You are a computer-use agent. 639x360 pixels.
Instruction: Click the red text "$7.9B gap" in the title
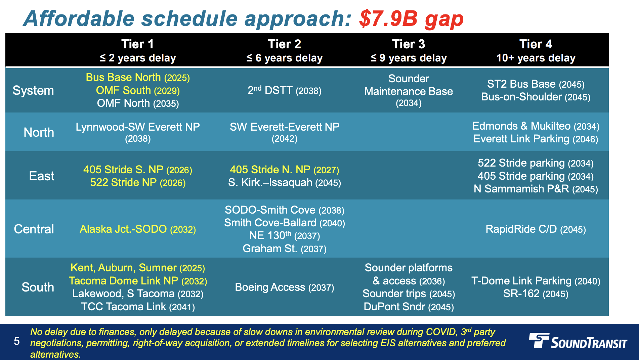411,19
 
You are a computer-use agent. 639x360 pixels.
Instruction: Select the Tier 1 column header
138,50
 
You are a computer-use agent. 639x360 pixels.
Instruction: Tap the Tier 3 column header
409,50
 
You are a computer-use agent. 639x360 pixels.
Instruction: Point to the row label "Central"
34,229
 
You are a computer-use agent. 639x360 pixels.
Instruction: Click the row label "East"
42,176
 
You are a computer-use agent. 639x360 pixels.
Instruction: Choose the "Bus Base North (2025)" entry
138,78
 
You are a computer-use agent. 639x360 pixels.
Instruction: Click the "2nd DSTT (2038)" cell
285,90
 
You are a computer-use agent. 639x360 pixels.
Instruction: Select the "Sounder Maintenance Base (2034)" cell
409,91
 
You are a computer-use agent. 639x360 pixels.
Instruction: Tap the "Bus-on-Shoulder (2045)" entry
536,97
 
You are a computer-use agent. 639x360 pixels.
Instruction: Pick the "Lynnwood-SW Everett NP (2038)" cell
138,132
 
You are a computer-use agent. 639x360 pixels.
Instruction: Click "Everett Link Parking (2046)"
536,139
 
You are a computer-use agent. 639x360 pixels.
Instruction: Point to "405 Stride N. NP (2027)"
285,170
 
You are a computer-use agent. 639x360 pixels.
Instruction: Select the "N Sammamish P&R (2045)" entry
536,189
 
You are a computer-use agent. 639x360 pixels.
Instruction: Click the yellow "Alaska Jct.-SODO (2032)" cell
138,229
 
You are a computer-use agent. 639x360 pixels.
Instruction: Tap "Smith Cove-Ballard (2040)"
285,223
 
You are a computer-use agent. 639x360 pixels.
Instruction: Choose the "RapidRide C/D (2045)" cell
536,229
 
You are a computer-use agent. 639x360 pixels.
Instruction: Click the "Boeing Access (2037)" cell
285,287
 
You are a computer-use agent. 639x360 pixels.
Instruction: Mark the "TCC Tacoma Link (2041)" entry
138,307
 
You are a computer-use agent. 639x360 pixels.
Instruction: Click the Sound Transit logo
578,341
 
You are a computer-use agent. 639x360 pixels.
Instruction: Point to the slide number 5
17,342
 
